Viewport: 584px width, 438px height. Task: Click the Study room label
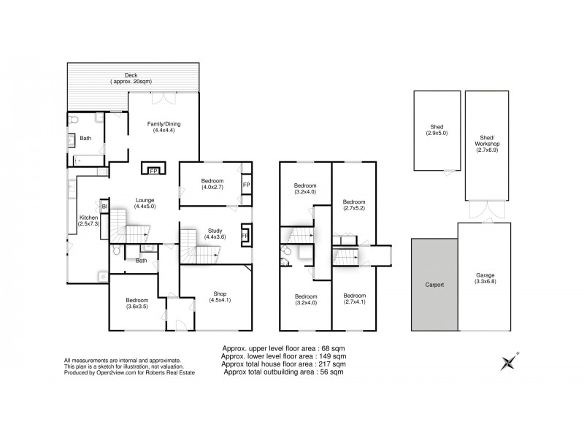(x=215, y=231)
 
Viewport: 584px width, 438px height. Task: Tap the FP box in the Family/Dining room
(x=154, y=172)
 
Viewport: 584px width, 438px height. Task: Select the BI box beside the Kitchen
(x=104, y=207)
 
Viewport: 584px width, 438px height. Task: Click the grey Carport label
(x=434, y=285)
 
